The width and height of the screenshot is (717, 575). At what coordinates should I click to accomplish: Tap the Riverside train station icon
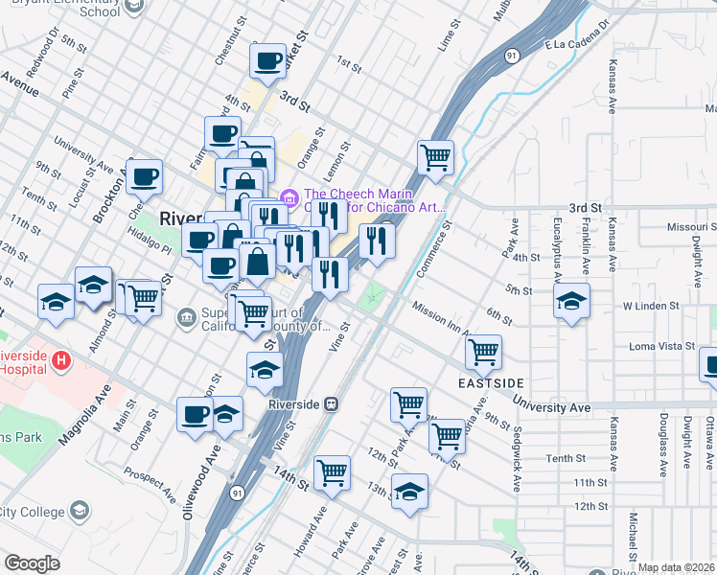click(331, 404)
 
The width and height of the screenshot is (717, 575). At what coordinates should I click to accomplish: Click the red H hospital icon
click(62, 360)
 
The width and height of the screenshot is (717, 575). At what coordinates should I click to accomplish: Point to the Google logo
click(32, 563)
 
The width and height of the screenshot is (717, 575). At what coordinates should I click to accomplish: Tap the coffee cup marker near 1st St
click(267, 60)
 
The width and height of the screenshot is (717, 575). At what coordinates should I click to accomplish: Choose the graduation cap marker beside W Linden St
click(572, 302)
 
